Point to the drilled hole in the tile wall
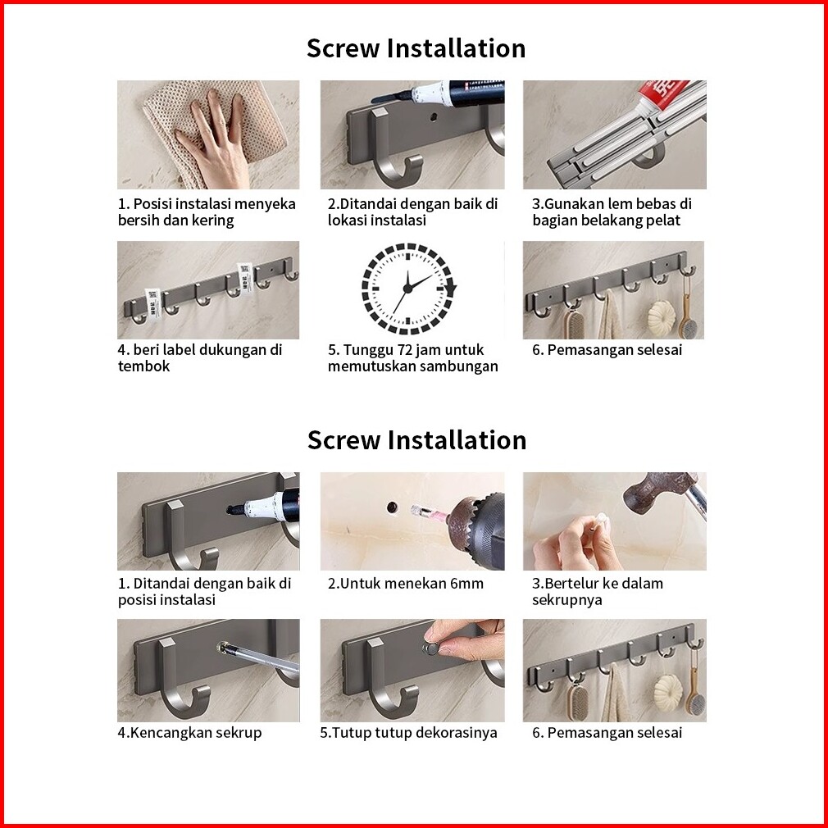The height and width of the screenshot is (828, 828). coord(393,507)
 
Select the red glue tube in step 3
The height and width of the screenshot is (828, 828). coord(662,94)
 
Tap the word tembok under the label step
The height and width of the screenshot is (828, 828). coord(143,366)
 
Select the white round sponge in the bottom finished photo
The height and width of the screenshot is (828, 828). coord(667,691)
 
